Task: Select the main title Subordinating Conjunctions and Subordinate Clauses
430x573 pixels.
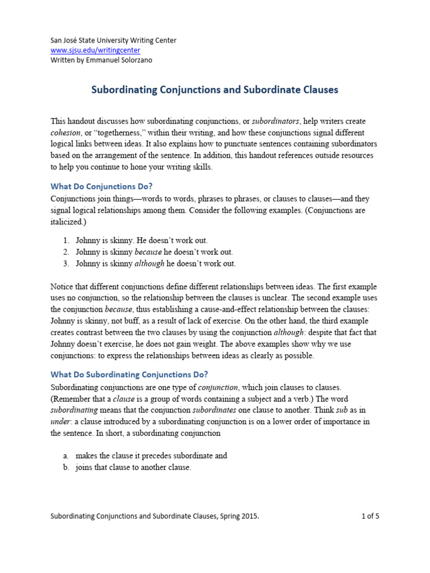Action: coord(215,90)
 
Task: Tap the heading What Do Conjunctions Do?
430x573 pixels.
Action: coord(101,186)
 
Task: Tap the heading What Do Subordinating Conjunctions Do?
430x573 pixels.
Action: coord(129,374)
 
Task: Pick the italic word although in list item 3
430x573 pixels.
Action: coord(149,264)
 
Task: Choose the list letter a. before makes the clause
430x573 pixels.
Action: coord(66,456)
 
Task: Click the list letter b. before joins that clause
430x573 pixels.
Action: coord(66,468)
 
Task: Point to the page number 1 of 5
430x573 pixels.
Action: coord(370,516)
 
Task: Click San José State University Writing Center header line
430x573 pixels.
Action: coord(113,40)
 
